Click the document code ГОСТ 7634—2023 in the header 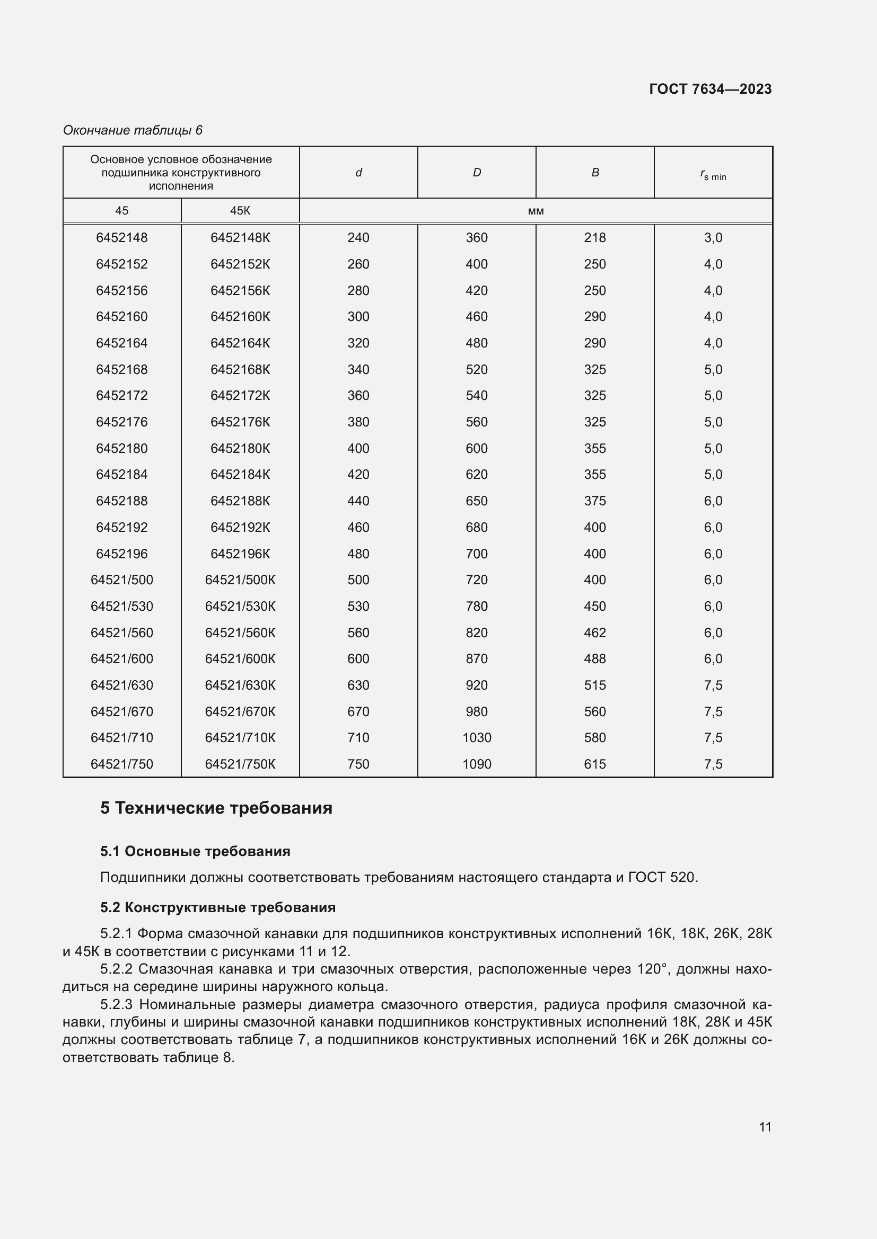point(709,89)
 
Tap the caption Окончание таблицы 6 point(133,130)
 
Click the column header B point(594,172)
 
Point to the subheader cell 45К point(240,210)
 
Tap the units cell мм point(535,211)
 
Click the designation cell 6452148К point(240,237)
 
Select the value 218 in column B point(594,237)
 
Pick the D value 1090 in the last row point(476,764)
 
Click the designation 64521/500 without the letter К point(121,580)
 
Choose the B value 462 point(594,632)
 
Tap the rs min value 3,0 point(713,237)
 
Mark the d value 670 point(358,712)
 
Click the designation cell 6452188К point(240,501)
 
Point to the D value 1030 point(476,738)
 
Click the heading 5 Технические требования point(216,808)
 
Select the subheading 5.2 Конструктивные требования point(217,908)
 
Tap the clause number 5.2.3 point(116,1005)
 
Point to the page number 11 point(765,1127)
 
